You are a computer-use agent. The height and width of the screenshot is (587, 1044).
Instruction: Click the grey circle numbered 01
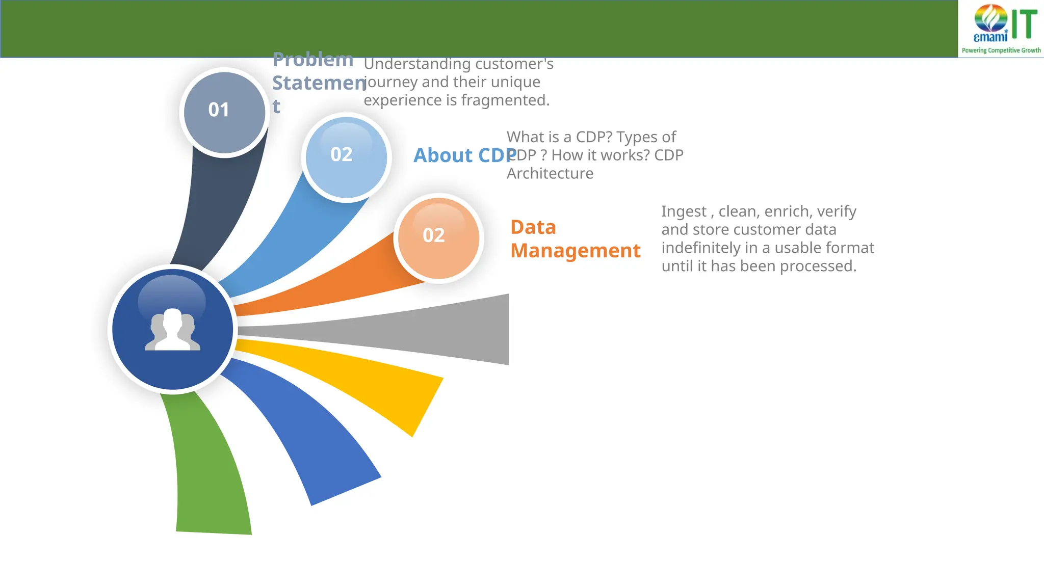[x=224, y=112]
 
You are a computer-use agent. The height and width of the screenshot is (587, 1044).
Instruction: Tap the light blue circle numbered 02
[x=346, y=157]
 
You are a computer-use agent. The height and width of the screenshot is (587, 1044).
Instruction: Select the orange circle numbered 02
[x=438, y=238]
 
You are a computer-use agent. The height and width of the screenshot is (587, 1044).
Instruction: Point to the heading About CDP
[x=464, y=155]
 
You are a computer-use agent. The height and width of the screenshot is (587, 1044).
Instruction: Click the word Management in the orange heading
[x=575, y=251]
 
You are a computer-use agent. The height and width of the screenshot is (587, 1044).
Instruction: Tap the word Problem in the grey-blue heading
[x=312, y=60]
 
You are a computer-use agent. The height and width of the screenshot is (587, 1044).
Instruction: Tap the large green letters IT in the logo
[x=1025, y=24]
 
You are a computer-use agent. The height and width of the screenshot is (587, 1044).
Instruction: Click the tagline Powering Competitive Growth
[x=1001, y=50]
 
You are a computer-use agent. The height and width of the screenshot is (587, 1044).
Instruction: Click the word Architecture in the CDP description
[x=550, y=174]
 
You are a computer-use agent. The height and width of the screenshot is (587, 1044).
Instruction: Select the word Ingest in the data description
[x=684, y=211]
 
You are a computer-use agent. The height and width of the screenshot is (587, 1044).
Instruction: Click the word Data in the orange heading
[x=533, y=227]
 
